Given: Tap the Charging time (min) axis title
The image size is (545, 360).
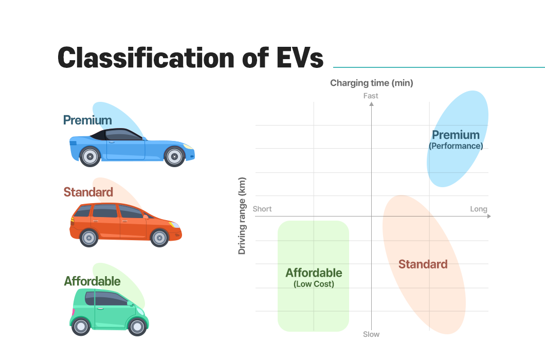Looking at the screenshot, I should click(x=371, y=83).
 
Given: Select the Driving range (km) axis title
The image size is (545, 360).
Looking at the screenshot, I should click(x=242, y=216).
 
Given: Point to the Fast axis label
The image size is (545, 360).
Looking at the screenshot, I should click(x=371, y=96).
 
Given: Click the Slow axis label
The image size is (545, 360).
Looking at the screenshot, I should click(x=371, y=334).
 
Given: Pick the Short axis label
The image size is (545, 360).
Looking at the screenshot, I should click(x=262, y=209).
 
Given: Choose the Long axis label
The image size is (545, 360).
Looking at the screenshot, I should click(x=479, y=209).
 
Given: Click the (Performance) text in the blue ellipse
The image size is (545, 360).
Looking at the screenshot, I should click(x=456, y=146).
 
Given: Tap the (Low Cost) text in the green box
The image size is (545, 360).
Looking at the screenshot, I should click(x=314, y=284).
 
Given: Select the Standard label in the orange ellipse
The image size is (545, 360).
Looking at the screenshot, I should click(x=423, y=264).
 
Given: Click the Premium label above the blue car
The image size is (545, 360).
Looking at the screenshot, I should click(x=87, y=120).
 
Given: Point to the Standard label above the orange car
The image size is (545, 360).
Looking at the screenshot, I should click(x=88, y=192).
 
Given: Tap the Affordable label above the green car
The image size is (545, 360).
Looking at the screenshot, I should click(x=92, y=281).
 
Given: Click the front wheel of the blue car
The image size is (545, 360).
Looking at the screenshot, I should click(x=174, y=156).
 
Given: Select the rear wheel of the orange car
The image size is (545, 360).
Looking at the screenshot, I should click(x=89, y=238).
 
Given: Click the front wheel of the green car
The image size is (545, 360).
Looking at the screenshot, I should click(x=137, y=326).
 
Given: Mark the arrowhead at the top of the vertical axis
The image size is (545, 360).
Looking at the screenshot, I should click(x=371, y=104).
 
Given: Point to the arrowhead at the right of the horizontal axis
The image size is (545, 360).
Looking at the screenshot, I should click(x=488, y=217).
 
